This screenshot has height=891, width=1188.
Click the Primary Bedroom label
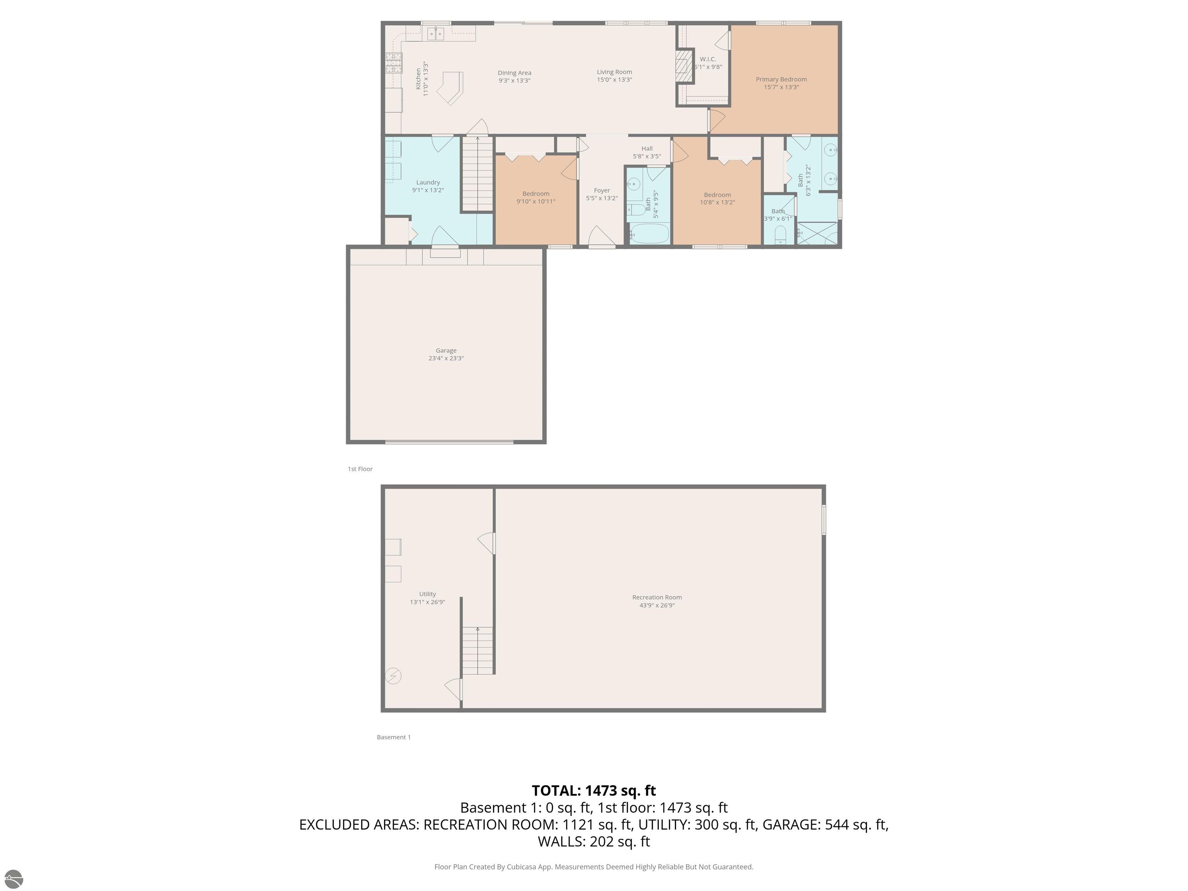(x=781, y=80)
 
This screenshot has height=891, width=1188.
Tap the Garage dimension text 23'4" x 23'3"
(x=446, y=358)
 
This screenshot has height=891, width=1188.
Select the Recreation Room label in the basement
(x=656, y=597)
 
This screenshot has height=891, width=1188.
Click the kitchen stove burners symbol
(x=394, y=63)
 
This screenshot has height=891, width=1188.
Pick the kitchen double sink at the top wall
(x=435, y=34)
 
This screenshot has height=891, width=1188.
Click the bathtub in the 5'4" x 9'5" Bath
(x=649, y=234)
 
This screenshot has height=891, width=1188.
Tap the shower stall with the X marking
(x=817, y=234)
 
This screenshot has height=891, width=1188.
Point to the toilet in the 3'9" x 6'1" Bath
(x=780, y=235)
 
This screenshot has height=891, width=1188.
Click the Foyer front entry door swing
(x=601, y=236)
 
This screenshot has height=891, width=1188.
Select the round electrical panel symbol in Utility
(x=394, y=676)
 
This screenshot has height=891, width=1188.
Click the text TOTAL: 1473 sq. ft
(x=594, y=790)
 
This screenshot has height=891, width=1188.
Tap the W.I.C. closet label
(x=708, y=59)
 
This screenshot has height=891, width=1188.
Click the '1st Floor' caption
(x=360, y=469)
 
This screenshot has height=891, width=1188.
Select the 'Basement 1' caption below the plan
(x=394, y=737)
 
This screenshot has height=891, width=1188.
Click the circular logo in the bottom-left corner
(x=14, y=879)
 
